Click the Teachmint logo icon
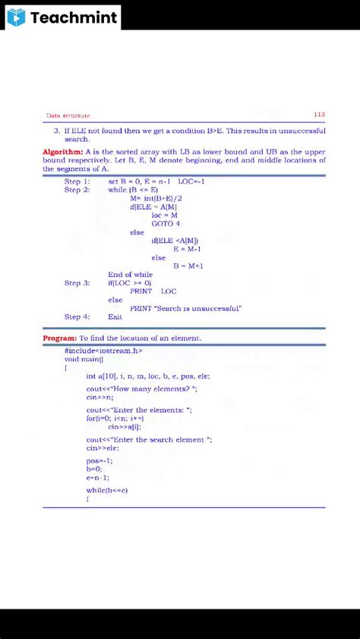[17, 17]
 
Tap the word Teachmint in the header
[74, 17]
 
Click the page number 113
[319, 115]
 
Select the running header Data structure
[68, 116]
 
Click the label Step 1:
[77, 181]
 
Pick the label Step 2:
[77, 190]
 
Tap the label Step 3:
[77, 283]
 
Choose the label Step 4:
[77, 316]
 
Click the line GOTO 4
[166, 224]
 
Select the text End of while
[130, 274]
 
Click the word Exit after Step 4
[115, 316]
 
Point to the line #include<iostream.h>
[103, 351]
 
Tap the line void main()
[82, 359]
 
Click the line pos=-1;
[99, 461]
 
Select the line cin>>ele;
[103, 448]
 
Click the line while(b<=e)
[107, 490]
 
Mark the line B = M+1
[188, 266]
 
